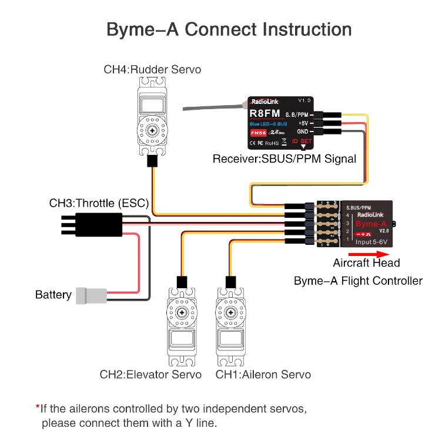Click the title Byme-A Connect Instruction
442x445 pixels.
(x=229, y=29)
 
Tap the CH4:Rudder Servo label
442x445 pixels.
(x=152, y=69)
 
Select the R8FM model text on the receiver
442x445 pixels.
(x=261, y=113)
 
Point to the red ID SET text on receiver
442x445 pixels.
(x=302, y=141)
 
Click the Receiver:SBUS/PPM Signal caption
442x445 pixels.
(x=284, y=159)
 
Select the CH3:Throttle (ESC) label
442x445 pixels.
(x=99, y=204)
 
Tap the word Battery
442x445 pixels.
(x=53, y=295)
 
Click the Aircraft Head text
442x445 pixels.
(x=366, y=263)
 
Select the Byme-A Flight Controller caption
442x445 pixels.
(x=357, y=281)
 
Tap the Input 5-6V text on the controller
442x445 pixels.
(x=371, y=241)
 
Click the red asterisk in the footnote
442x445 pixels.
(x=38, y=407)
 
